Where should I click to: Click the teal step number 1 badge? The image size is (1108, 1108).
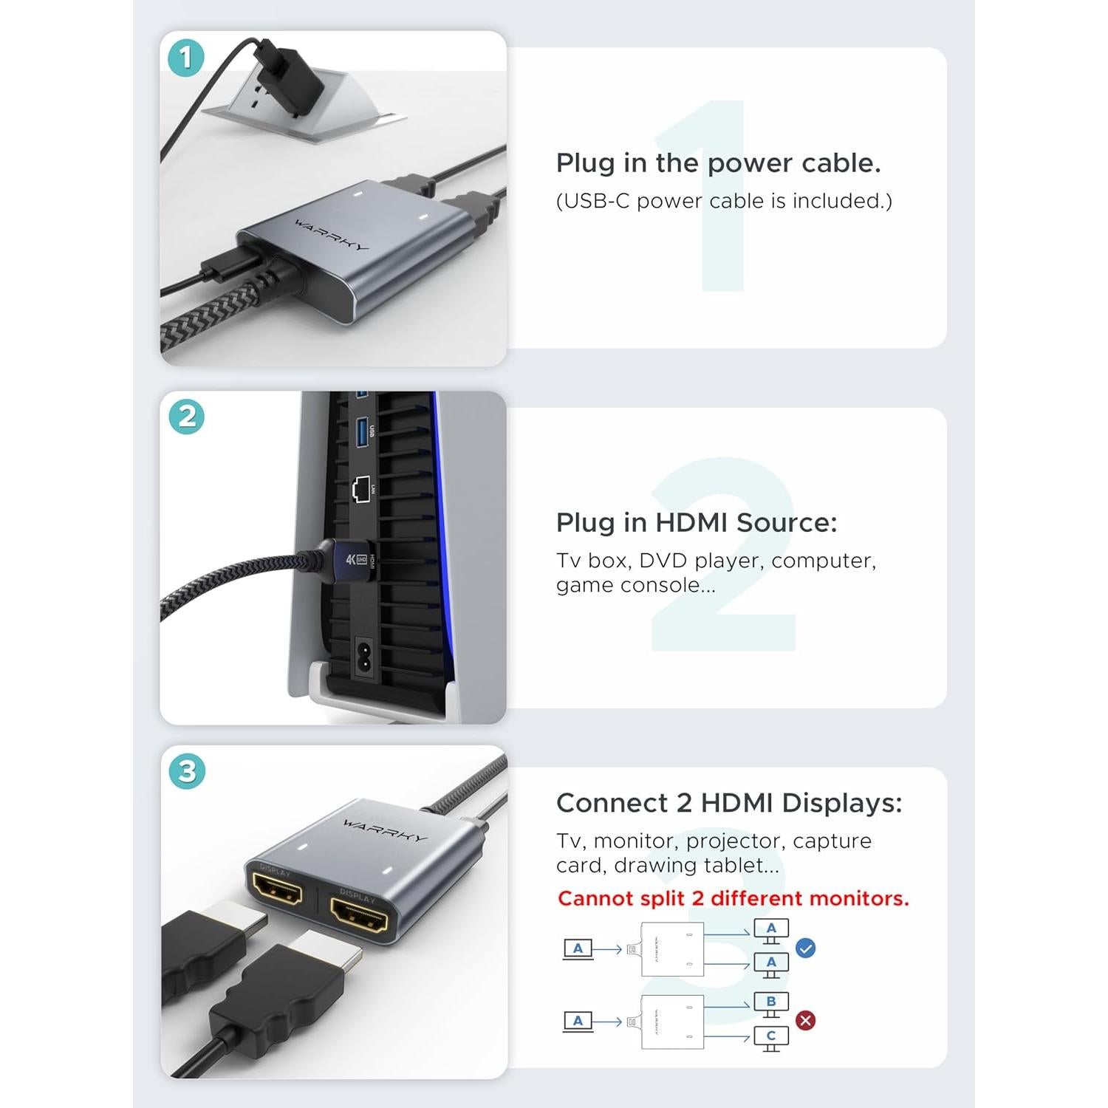[185, 58]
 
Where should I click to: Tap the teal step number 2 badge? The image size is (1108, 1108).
[186, 417]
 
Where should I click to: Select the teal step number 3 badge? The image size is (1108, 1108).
[187, 771]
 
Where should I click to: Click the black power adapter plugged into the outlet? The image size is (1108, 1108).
[292, 74]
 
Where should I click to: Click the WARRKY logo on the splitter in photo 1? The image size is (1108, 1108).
[332, 235]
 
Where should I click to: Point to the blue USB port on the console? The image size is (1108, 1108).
[362, 431]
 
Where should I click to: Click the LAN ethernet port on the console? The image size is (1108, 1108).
[361, 489]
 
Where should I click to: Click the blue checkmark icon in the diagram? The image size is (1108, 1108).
[806, 948]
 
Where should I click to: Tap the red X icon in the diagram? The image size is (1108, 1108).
[806, 1020]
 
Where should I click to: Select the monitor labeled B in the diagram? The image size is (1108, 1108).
[771, 1003]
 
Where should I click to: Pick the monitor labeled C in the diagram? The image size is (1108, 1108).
[771, 1037]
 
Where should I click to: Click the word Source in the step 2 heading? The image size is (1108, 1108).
[787, 523]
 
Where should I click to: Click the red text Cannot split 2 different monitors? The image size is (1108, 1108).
[733, 898]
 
